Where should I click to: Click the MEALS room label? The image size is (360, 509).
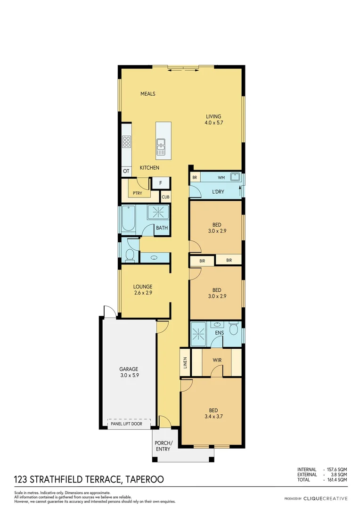(147, 94)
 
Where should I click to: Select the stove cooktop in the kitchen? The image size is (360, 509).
(127, 141)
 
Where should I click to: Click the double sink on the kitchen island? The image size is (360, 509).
(161, 147)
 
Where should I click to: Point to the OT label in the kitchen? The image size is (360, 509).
(126, 172)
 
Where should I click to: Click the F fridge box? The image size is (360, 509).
(160, 183)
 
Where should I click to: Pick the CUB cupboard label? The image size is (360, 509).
(165, 197)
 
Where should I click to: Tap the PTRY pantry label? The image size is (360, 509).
(137, 193)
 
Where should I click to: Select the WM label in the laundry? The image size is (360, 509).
(221, 178)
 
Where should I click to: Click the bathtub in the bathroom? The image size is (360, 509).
(128, 219)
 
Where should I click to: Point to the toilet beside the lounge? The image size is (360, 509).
(130, 255)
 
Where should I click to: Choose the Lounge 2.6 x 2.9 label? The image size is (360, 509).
(142, 289)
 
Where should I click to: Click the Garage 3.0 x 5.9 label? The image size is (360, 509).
(128, 372)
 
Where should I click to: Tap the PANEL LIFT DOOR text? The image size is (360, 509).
(129, 424)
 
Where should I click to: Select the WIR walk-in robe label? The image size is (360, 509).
(217, 360)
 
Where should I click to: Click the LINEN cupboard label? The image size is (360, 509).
(185, 362)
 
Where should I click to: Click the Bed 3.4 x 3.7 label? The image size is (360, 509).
(213, 413)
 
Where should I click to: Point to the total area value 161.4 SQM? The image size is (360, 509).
(338, 479)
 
